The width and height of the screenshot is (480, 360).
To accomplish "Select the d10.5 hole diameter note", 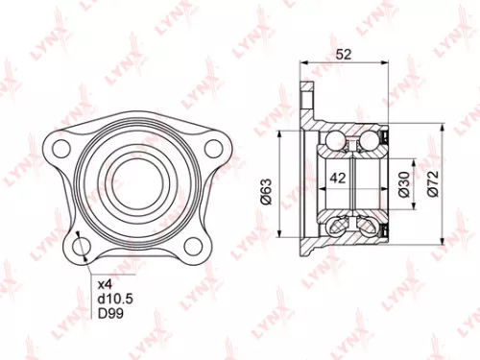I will [x=113, y=298].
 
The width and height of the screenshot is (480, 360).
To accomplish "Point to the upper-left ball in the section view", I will [x=333, y=143].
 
